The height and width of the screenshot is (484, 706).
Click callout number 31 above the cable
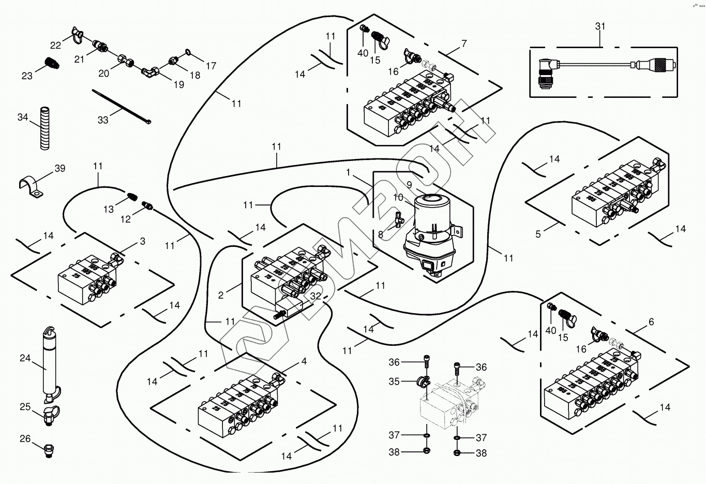[x=600, y=26]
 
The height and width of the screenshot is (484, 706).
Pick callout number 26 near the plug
[x=25, y=439]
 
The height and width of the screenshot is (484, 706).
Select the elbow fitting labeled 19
[x=152, y=72]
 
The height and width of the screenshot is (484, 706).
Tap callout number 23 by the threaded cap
[x=27, y=76]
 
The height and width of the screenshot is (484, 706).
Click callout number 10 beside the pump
[x=398, y=197]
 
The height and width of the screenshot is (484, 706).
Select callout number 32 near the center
[x=316, y=296]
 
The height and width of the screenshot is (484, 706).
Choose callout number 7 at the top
[x=464, y=43]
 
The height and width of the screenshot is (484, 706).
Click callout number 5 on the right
[x=538, y=234]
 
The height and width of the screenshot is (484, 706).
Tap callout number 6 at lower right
[x=651, y=322]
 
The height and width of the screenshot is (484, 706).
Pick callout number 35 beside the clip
[x=394, y=382]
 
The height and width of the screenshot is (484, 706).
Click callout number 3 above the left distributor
[x=143, y=241]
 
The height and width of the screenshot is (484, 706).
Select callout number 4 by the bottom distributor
[x=304, y=361]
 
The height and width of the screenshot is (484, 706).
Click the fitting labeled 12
[x=148, y=207]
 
